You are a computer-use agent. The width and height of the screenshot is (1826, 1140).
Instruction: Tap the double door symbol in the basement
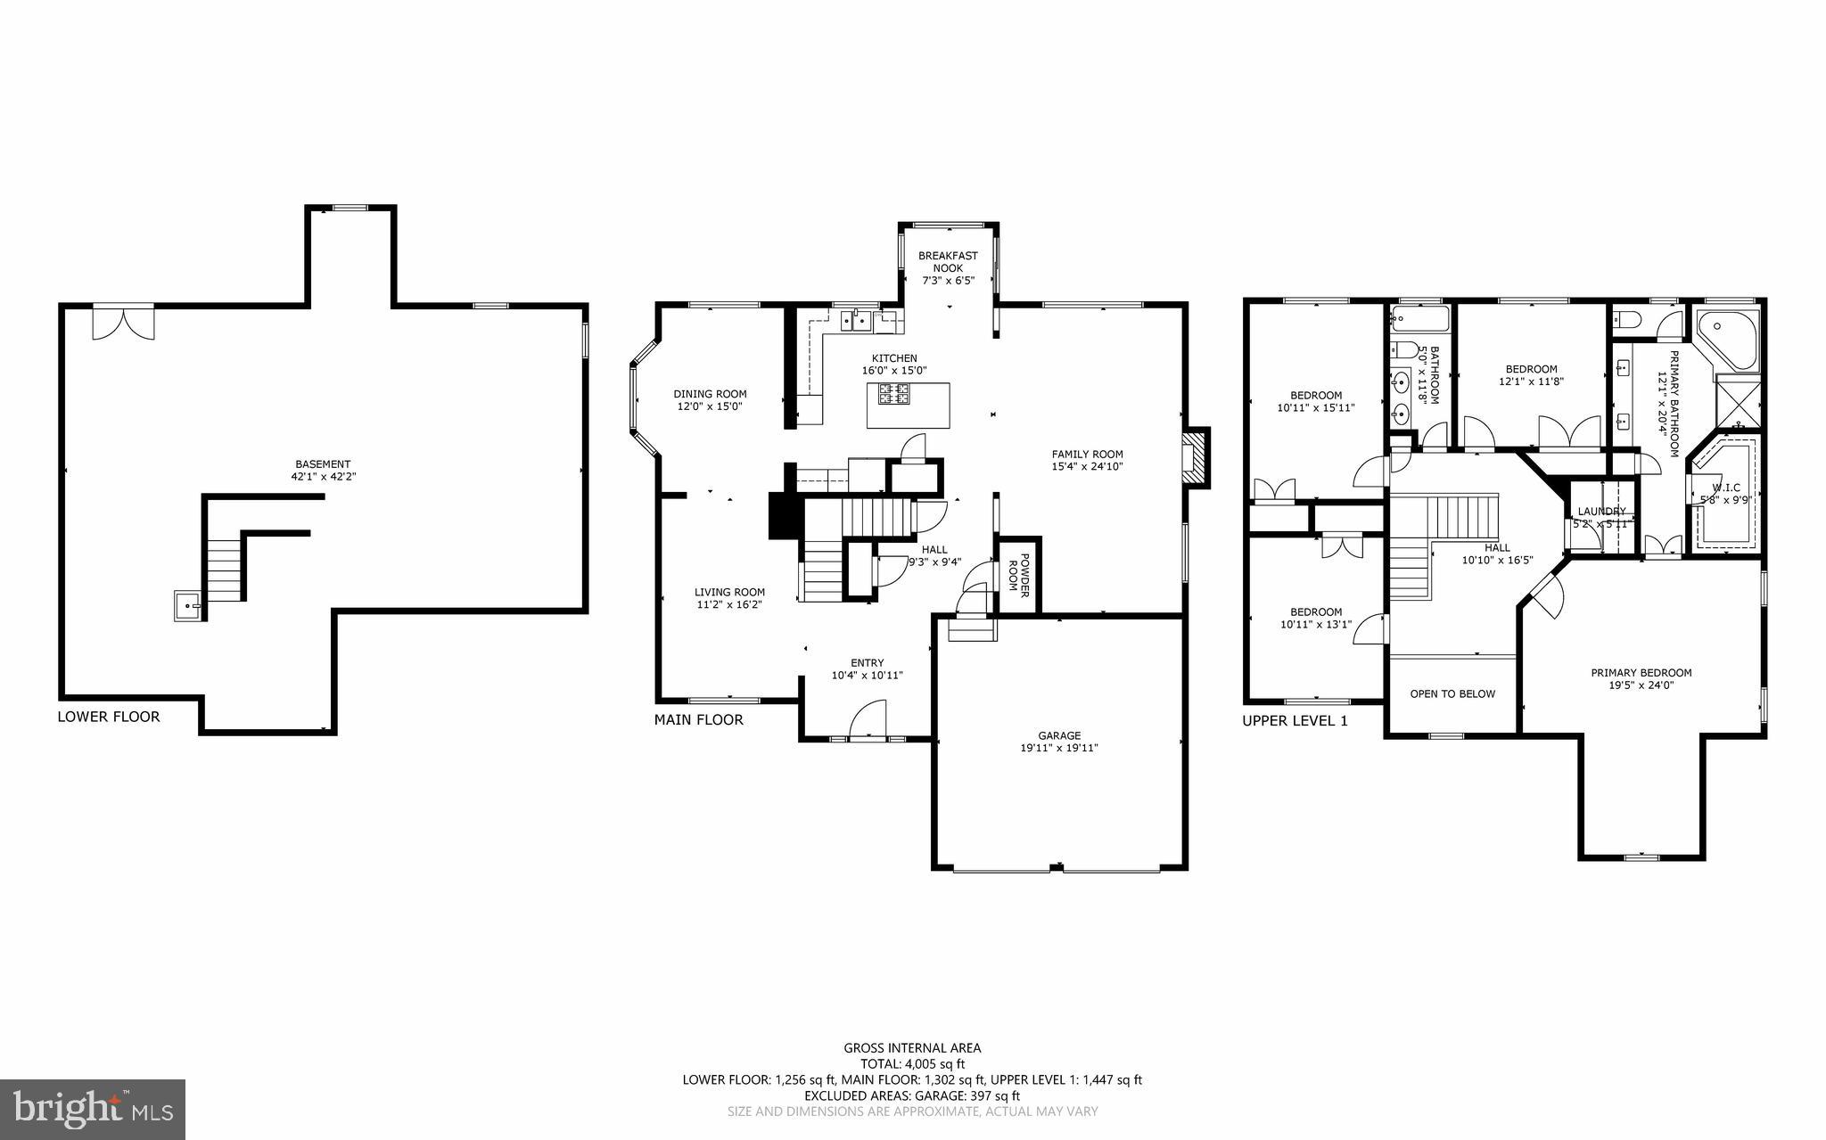tap(123, 322)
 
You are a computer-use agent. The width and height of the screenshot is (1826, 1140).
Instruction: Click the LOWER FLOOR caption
tap(109, 717)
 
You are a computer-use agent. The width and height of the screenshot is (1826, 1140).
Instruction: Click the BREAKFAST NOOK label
tap(948, 261)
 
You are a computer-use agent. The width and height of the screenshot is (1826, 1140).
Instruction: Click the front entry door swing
tap(868, 720)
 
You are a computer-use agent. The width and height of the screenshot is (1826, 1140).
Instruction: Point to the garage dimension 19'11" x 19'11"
tap(1059, 748)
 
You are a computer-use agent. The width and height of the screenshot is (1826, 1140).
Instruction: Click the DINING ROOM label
tap(710, 394)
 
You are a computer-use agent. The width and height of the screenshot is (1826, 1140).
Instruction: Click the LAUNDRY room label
tap(1602, 512)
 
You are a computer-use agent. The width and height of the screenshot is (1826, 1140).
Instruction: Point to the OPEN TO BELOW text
tap(1452, 693)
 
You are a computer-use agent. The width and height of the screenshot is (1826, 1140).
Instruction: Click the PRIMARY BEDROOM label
tap(1641, 673)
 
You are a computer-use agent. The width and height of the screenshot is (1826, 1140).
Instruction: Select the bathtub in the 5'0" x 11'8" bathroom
tap(1418, 317)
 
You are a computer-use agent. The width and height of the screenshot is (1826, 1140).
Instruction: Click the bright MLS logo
tap(93, 1109)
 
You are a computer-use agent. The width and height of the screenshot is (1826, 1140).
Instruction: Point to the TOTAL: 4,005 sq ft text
tap(912, 1063)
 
